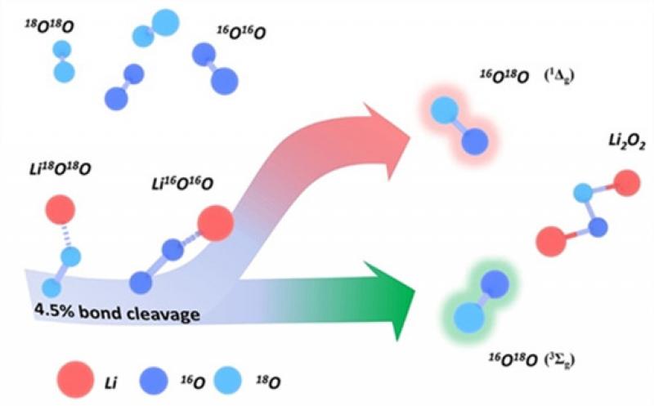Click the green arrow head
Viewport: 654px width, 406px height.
pos(390,300)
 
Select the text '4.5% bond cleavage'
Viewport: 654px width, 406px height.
pos(116,312)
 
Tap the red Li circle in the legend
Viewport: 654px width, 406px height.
pos(75,380)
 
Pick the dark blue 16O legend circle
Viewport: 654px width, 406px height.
pos(153,381)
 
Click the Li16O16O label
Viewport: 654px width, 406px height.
pos(182,184)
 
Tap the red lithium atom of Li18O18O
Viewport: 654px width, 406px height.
pos(60,210)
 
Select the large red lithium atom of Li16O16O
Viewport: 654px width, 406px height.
pos(215,224)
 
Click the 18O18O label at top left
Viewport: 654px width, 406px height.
pos(49,26)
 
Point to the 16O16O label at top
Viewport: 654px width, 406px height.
pos(241,32)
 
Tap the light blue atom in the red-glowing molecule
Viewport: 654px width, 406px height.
pos(445,110)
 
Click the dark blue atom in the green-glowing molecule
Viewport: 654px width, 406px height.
pos(495,284)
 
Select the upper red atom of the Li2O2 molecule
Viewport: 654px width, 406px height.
pos(626,182)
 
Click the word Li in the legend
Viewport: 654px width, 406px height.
pos(110,382)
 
